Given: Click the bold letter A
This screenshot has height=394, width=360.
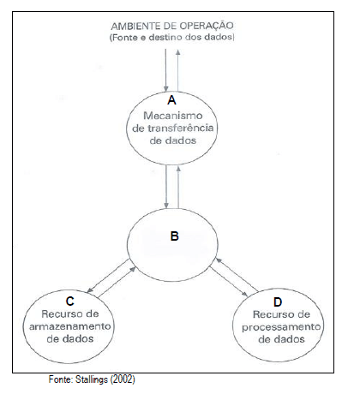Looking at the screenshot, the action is click(171, 100).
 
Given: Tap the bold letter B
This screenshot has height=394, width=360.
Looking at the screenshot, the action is click(175, 236).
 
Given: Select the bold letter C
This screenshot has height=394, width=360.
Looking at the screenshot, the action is click(70, 301).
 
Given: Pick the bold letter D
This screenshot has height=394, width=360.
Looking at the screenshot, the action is click(278, 301).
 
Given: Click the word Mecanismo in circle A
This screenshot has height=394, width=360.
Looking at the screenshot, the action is click(173, 116).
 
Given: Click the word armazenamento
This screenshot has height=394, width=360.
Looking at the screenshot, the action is click(70, 326).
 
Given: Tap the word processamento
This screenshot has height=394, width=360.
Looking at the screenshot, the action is click(281, 327).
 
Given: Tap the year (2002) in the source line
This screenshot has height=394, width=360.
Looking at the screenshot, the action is click(123, 379).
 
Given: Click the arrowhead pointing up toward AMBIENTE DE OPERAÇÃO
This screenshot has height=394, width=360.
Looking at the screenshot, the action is click(178, 52).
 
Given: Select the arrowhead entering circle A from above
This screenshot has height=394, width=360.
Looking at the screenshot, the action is click(165, 89).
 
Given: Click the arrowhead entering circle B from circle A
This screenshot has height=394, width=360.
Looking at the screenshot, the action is click(166, 206).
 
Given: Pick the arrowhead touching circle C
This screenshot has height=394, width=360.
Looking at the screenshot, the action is click(90, 290).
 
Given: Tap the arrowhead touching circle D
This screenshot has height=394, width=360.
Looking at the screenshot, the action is click(245, 294).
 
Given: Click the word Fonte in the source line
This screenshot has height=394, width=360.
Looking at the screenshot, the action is click(61, 379).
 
